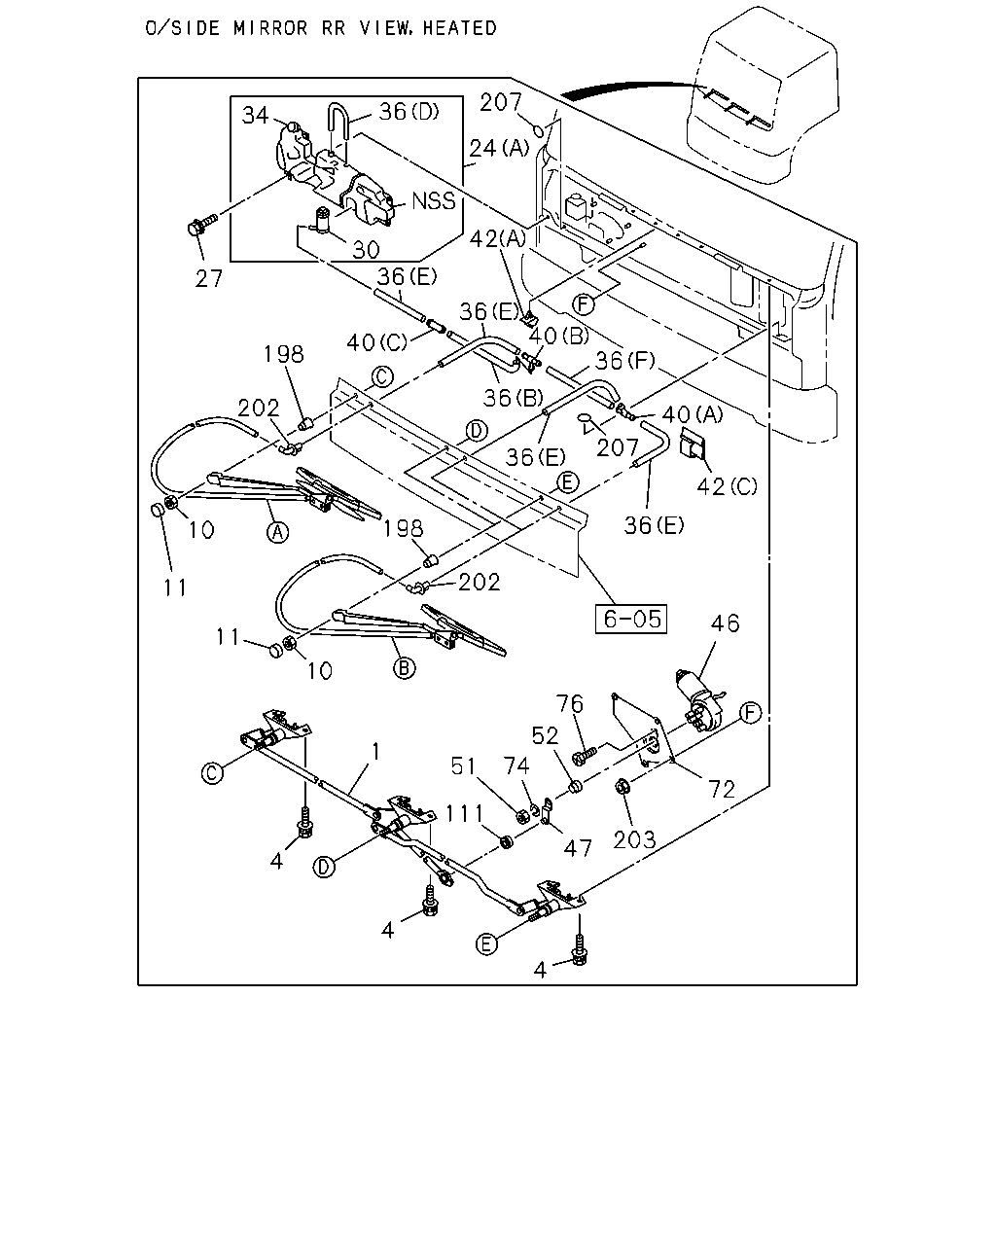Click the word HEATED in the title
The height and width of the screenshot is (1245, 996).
459,28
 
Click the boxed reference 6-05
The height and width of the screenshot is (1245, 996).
631,619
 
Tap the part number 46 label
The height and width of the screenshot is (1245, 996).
725,623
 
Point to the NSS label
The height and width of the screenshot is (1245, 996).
434,200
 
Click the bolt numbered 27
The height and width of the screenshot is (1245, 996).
201,225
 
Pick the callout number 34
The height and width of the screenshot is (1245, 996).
255,115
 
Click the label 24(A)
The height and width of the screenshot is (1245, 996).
499,148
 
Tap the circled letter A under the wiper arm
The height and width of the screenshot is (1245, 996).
277,531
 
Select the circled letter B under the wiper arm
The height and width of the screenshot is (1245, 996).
404,668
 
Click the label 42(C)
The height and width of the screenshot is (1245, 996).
727,486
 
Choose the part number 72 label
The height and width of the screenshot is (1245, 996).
721,789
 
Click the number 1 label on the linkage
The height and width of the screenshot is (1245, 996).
376,751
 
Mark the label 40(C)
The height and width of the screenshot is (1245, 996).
376,342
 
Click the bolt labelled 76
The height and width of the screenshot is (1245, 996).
584,755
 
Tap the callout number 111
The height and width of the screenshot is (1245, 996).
465,814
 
